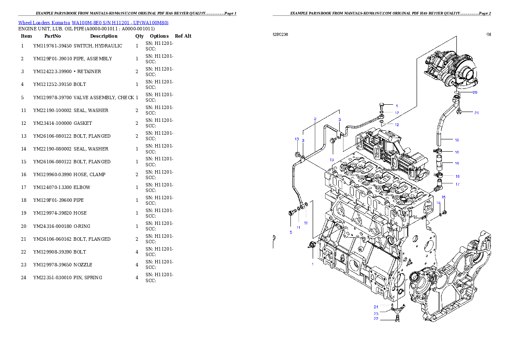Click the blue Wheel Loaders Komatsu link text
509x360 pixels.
[x=93, y=22]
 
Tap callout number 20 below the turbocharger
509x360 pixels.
[x=475, y=92]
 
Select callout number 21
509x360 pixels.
[x=476, y=113]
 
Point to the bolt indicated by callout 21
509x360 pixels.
[x=459, y=112]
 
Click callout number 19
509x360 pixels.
[x=457, y=163]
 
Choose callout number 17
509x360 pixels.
[x=457, y=184]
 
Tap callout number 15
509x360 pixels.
[x=444, y=197]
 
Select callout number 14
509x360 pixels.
[x=438, y=203]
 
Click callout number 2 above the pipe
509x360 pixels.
[x=315, y=118]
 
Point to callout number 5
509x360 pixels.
[x=290, y=232]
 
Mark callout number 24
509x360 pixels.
[x=376, y=307]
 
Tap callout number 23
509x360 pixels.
[x=376, y=313]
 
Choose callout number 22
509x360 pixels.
[x=376, y=319]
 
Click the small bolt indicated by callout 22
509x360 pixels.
[x=398, y=318]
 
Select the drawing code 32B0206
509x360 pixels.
[x=280, y=34]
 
